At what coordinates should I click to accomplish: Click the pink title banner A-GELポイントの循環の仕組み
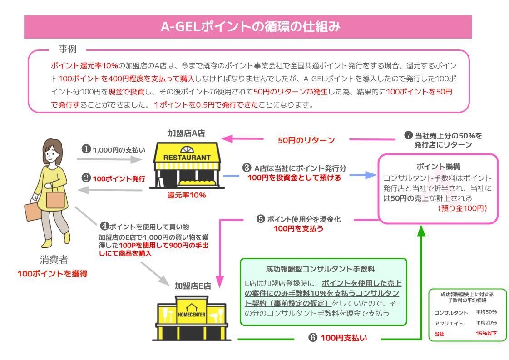tap(247, 27)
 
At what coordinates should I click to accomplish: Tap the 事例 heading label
tap(67, 49)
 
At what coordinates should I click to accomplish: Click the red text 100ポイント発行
tap(119, 179)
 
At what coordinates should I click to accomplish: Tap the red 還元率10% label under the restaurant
tap(187, 195)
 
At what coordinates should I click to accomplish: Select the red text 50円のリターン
tap(306, 140)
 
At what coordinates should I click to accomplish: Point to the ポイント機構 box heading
tap(438, 167)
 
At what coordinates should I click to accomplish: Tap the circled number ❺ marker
tap(261, 219)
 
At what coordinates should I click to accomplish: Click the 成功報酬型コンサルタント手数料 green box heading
tap(323, 269)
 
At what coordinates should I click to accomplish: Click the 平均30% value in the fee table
tap(486, 312)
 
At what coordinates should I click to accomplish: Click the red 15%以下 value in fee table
tap(486, 334)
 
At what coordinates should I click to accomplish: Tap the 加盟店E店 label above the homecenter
tap(193, 286)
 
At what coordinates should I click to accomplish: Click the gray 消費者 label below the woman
tap(54, 260)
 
